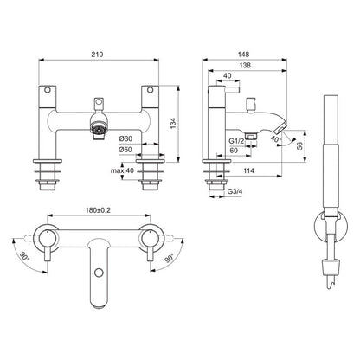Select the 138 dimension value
[x=246, y=64]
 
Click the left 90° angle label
[x=28, y=256]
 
